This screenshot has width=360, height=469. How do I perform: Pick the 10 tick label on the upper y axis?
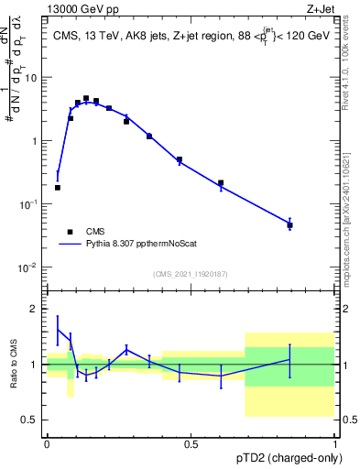point(32,78)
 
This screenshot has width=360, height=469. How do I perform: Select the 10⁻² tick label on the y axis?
point(29,267)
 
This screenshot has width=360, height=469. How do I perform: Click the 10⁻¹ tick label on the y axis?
point(29,204)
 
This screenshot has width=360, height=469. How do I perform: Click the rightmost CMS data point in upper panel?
point(289,224)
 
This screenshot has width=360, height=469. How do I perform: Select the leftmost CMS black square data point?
point(58,187)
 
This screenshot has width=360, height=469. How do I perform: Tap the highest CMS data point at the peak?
point(86,98)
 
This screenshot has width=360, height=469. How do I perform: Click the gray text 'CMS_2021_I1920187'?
point(190,273)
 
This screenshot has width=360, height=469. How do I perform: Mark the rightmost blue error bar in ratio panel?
point(289,361)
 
